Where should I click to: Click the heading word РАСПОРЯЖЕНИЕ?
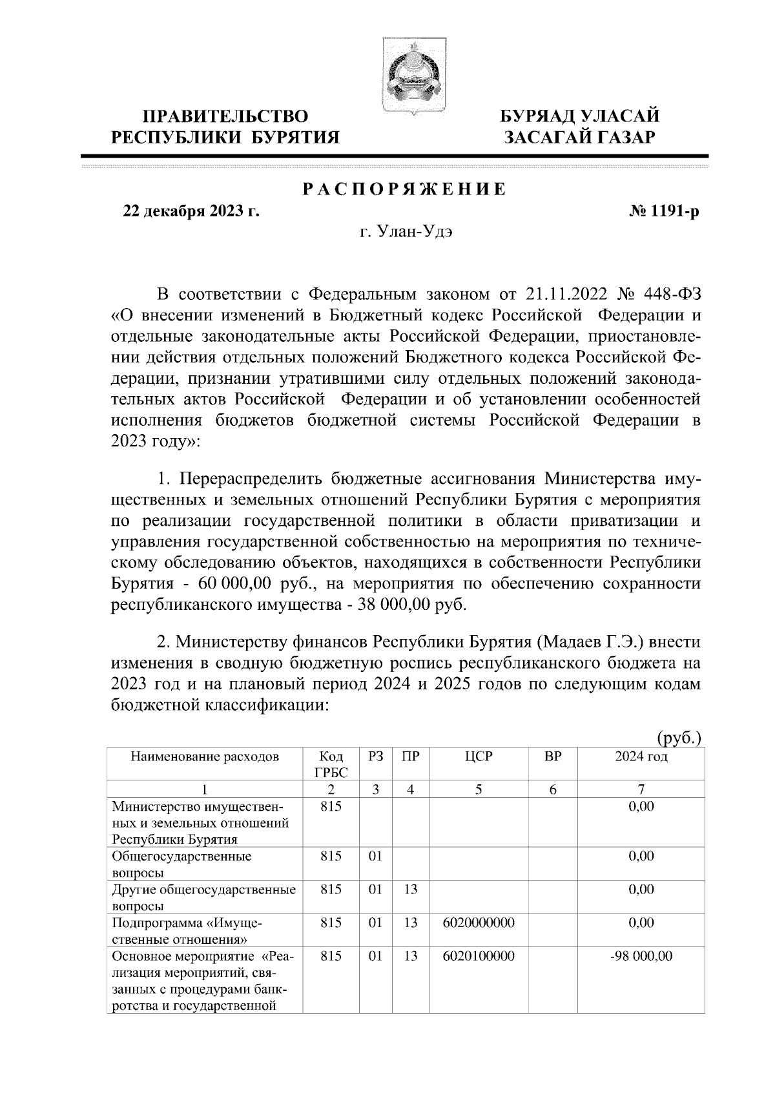[405, 189]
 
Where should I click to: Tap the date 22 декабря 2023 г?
[191, 211]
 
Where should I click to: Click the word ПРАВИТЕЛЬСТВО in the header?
[225, 116]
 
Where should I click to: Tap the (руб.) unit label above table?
[679, 738]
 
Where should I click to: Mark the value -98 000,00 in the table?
[641, 956]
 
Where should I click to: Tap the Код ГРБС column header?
[331, 764]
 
